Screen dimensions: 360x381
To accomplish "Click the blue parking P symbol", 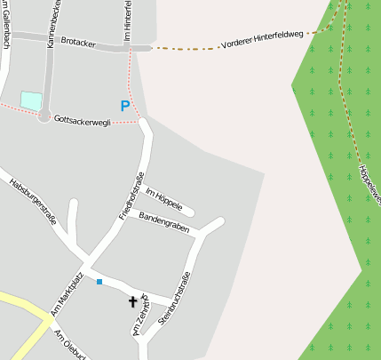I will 125,107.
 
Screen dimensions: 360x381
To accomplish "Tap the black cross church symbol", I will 133,302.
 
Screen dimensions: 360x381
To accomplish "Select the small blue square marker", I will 99,282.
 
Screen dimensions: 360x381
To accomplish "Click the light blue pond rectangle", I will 31,100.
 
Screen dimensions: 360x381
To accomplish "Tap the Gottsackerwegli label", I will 82,120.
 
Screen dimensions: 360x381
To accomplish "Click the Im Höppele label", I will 163,198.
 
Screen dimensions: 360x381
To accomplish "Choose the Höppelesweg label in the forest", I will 369,183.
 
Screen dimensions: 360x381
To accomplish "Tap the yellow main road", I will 27,316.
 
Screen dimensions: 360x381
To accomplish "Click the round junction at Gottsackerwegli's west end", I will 44,116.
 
